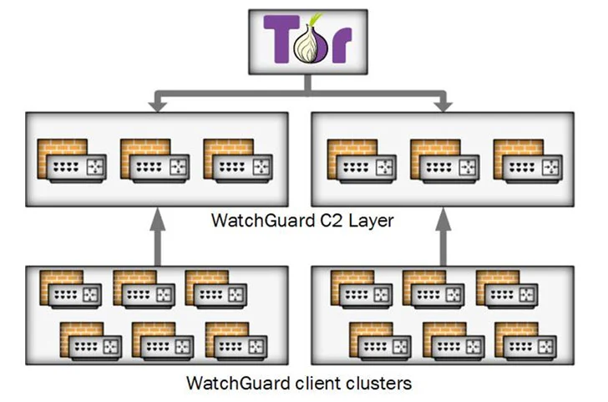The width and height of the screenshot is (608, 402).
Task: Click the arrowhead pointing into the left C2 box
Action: (x=156, y=104)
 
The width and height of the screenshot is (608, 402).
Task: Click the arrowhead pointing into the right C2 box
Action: (x=443, y=104)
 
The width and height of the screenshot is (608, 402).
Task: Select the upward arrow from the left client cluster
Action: (x=156, y=238)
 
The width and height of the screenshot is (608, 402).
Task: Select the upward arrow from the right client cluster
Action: (x=443, y=238)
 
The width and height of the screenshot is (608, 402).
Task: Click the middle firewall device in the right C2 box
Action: (x=443, y=160)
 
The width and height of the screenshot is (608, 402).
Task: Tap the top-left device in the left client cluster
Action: (x=71, y=289)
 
